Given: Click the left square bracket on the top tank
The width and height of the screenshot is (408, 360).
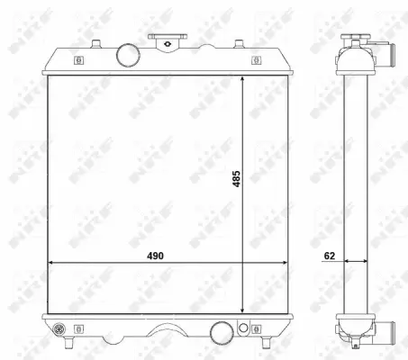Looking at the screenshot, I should (78, 62).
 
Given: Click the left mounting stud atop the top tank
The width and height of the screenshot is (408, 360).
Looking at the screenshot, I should (94, 42).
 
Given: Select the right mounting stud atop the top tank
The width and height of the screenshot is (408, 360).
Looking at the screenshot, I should (239, 42).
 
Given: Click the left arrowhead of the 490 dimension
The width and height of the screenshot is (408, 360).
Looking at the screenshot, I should (50, 264).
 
